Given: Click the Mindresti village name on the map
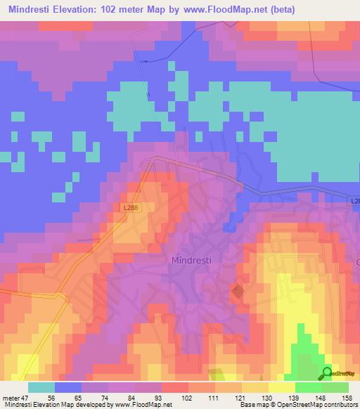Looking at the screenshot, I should coord(192,260).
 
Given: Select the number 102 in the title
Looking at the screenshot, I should coord(119,10).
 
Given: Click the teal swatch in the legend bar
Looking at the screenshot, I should coord(41,387).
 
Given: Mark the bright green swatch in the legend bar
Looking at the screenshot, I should coord(308,387).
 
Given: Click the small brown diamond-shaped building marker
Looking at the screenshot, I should coord(238,290).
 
